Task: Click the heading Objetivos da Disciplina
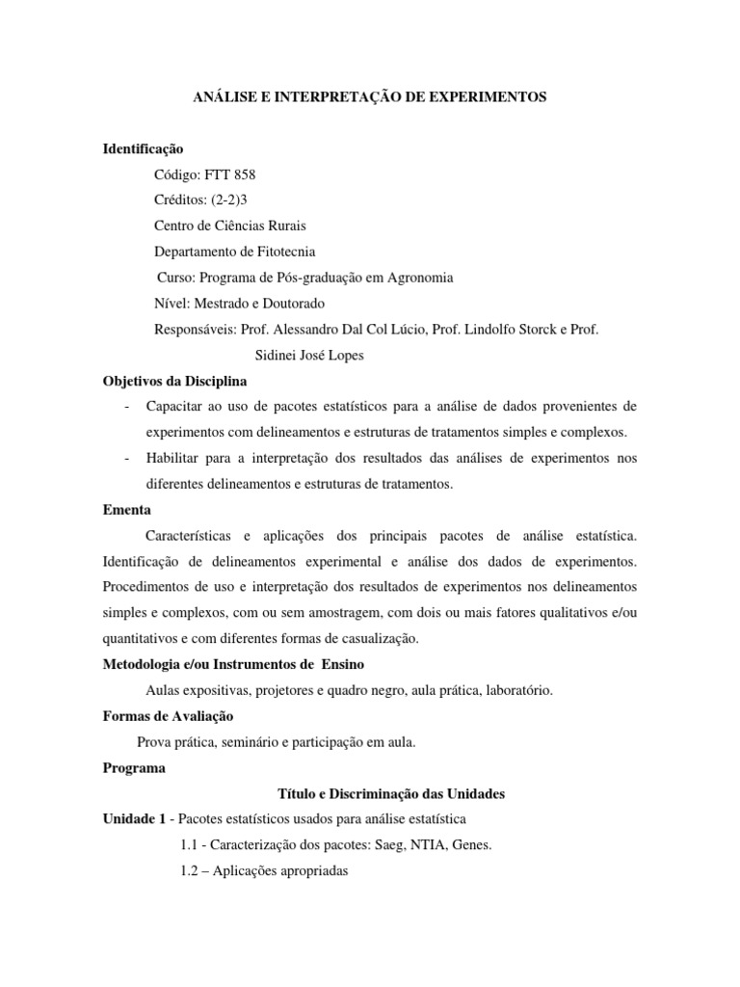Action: click(x=175, y=381)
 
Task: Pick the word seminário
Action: click(x=243, y=742)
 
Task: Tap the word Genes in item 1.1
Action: click(x=471, y=845)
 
